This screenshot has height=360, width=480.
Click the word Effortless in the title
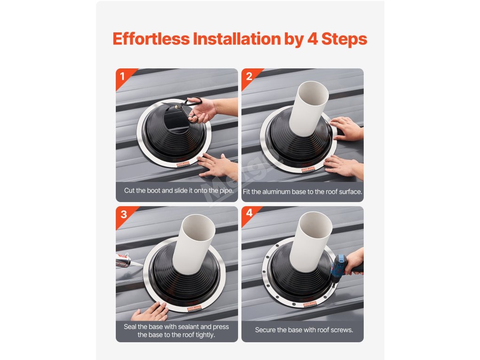tap(151, 38)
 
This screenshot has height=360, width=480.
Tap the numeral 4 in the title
tap(312, 39)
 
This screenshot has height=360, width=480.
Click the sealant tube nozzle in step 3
tap(136, 263)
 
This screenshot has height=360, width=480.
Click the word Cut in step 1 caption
tap(129, 190)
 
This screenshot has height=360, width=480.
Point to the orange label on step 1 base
tap(183, 165)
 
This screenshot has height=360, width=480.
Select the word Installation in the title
tap(237, 38)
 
